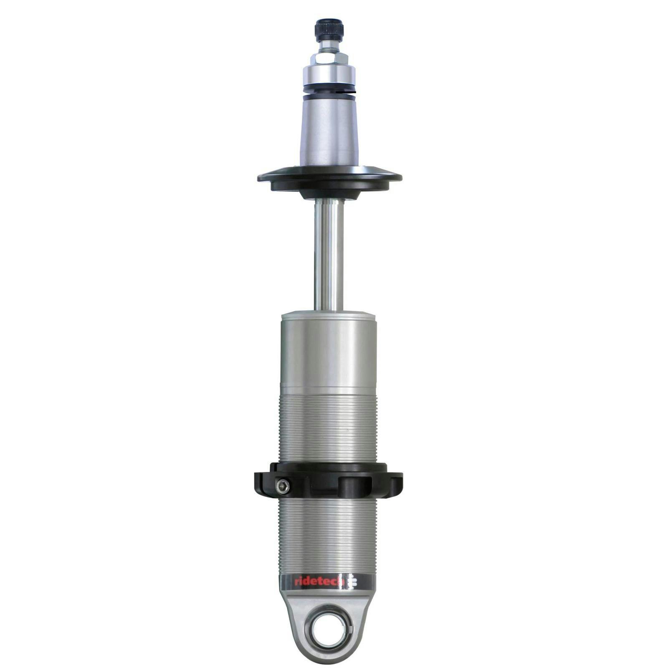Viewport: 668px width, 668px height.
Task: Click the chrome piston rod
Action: tap(329, 255)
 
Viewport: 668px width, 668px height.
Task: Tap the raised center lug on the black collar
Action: tap(354, 486)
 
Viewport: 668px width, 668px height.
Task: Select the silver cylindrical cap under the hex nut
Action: tap(329, 75)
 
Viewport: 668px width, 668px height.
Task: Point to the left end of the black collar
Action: tap(261, 482)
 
